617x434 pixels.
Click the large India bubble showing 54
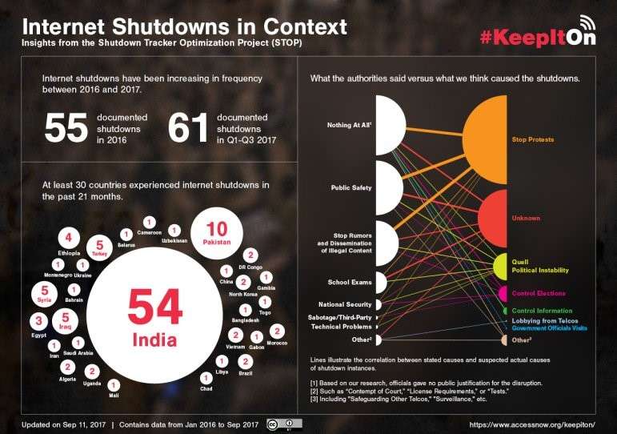(154, 316)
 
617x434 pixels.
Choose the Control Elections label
(538, 294)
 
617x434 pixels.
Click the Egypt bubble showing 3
(37, 322)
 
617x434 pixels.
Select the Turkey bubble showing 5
(99, 247)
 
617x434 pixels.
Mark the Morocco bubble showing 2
(277, 332)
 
